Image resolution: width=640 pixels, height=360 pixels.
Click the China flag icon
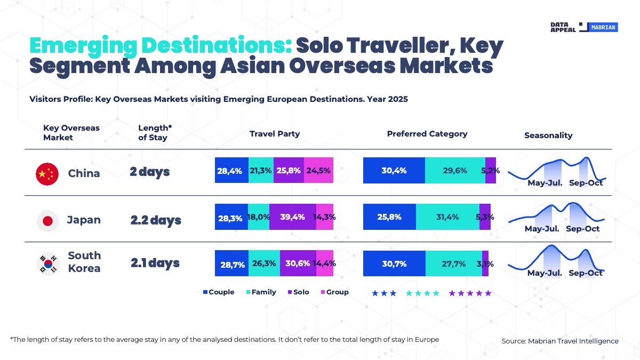(47, 174)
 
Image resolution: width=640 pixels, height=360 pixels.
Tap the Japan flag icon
(47, 220)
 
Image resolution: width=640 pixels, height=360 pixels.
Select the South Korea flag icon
(47, 263)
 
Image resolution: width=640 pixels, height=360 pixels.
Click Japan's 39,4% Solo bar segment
(293, 217)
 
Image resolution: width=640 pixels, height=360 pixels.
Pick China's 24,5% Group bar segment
(318, 171)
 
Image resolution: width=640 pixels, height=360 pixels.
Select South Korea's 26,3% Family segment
(264, 263)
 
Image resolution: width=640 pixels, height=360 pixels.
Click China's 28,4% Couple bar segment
(231, 171)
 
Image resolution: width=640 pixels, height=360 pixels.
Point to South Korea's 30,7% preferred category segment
(394, 263)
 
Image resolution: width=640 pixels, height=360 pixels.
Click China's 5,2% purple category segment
(491, 171)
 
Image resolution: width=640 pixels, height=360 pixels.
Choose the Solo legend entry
(298, 292)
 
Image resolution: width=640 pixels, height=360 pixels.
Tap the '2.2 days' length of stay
(156, 220)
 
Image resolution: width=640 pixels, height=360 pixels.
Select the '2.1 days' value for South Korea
(155, 263)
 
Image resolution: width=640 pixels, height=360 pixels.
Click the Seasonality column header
(548, 135)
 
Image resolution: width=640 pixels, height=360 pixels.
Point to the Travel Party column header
(275, 134)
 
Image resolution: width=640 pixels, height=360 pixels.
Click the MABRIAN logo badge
(603, 27)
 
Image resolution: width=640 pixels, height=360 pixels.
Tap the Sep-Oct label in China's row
(586, 183)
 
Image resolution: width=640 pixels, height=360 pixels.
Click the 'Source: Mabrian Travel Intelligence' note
(560, 341)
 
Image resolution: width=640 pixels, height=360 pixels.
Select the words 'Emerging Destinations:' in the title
(159, 46)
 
